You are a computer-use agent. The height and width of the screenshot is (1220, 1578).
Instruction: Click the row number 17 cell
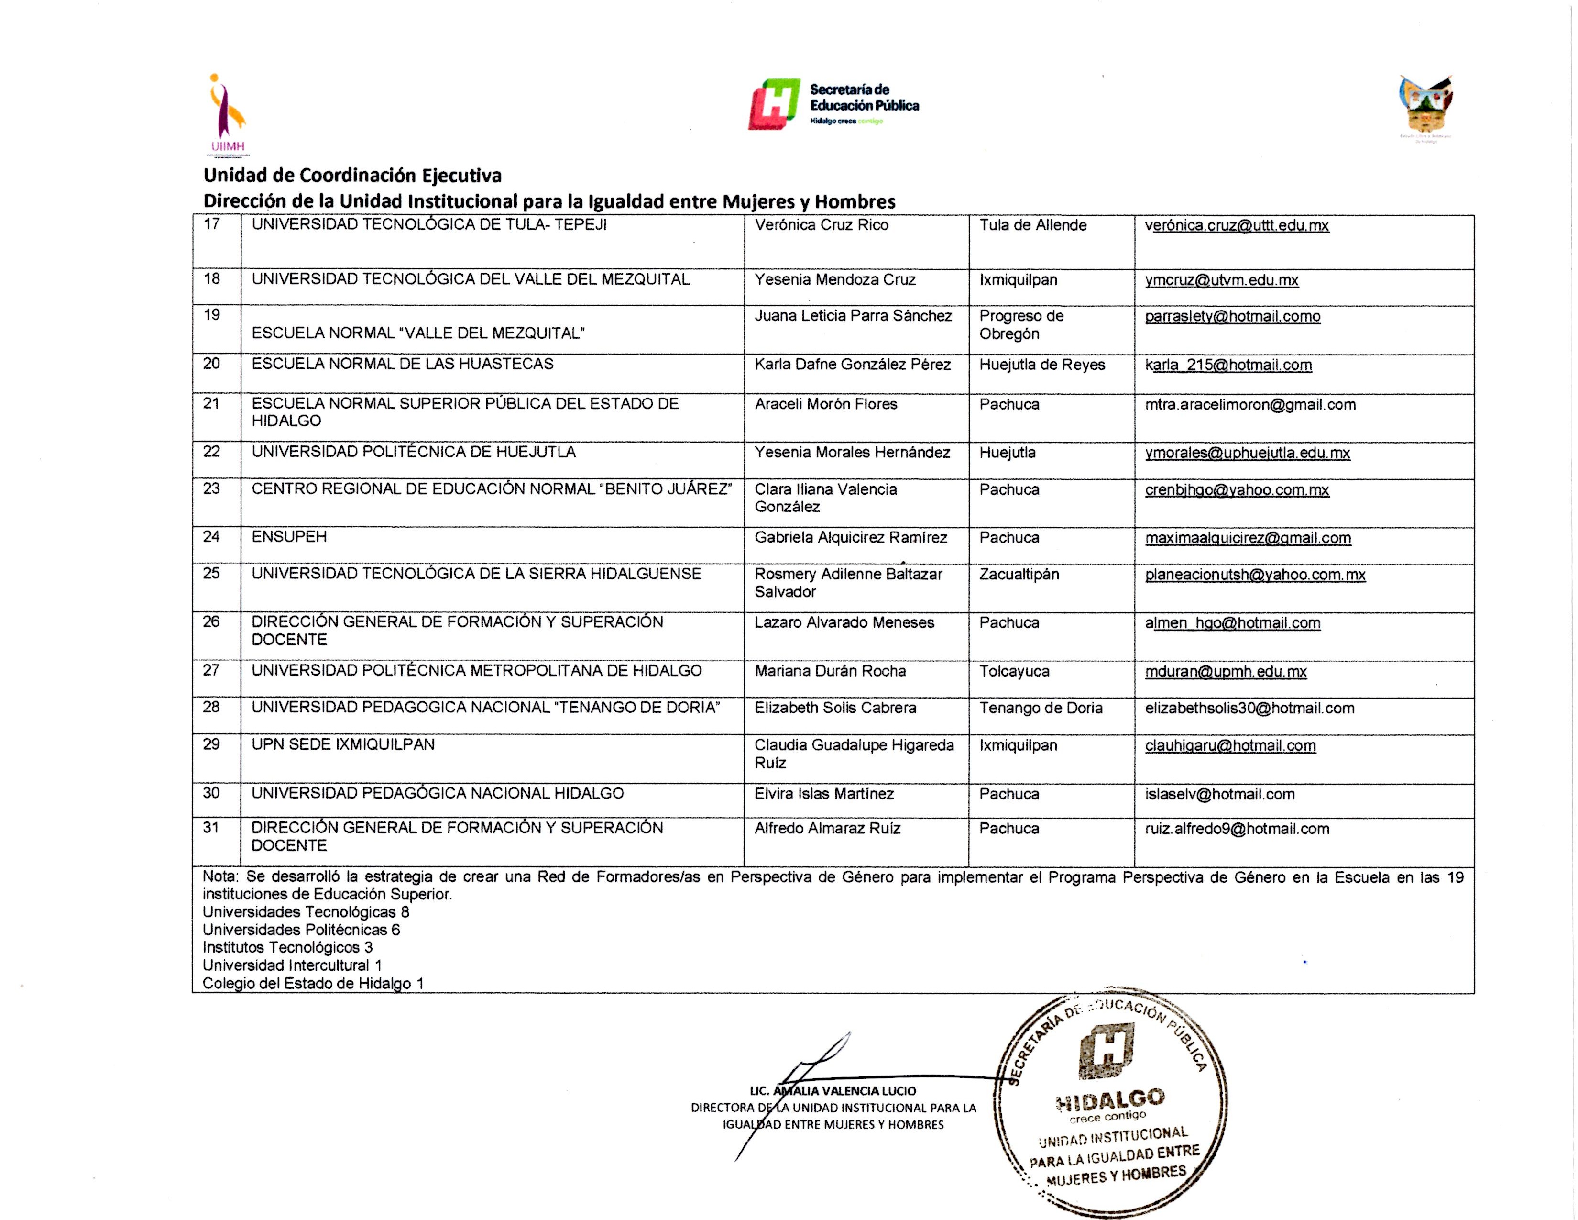(x=212, y=225)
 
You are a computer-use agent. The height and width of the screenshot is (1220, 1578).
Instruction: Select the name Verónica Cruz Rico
(x=822, y=225)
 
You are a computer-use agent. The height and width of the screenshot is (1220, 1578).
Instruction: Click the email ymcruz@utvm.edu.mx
(x=1221, y=280)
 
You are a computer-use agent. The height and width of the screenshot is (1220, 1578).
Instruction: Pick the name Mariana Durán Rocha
(x=830, y=671)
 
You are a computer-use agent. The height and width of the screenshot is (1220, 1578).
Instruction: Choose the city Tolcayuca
(x=1014, y=671)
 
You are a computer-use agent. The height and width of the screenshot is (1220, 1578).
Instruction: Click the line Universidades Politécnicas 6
(x=301, y=930)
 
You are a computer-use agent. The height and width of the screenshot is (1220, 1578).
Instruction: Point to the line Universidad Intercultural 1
(x=292, y=965)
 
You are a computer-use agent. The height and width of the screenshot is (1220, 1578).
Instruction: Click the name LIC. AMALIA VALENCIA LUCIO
(x=833, y=1091)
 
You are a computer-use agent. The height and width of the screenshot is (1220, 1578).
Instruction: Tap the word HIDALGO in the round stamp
(x=1110, y=1100)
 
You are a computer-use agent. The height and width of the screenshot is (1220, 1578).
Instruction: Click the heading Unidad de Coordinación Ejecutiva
(x=352, y=176)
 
